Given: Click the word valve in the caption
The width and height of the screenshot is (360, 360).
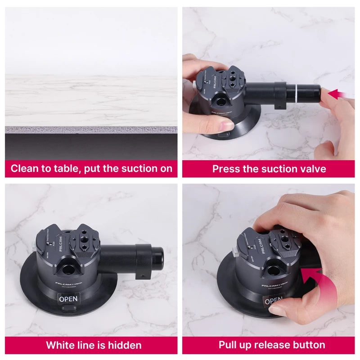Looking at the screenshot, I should click(x=313, y=169).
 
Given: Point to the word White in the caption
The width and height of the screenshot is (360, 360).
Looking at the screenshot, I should click(x=61, y=345).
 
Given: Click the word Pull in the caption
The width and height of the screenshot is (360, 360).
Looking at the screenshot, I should click(x=228, y=345).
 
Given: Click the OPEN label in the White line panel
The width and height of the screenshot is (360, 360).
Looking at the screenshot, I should click(x=68, y=298).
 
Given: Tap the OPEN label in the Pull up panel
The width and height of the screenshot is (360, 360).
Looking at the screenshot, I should click(x=273, y=301).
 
